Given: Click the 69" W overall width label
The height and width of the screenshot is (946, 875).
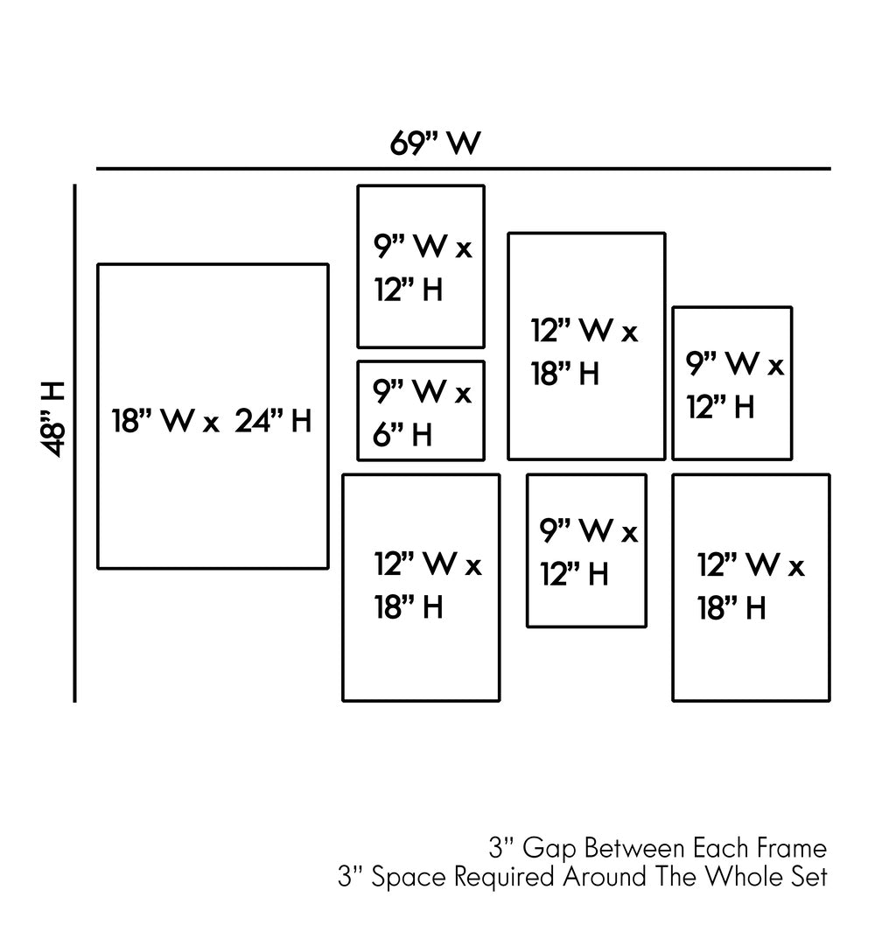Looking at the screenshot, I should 435,143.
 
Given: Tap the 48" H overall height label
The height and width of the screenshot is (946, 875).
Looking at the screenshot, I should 54,418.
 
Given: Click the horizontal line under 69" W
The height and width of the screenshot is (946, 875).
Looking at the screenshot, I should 463,168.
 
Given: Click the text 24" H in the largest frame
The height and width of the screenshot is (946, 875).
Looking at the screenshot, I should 273,422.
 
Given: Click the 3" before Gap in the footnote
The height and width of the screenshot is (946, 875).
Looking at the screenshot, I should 500,848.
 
